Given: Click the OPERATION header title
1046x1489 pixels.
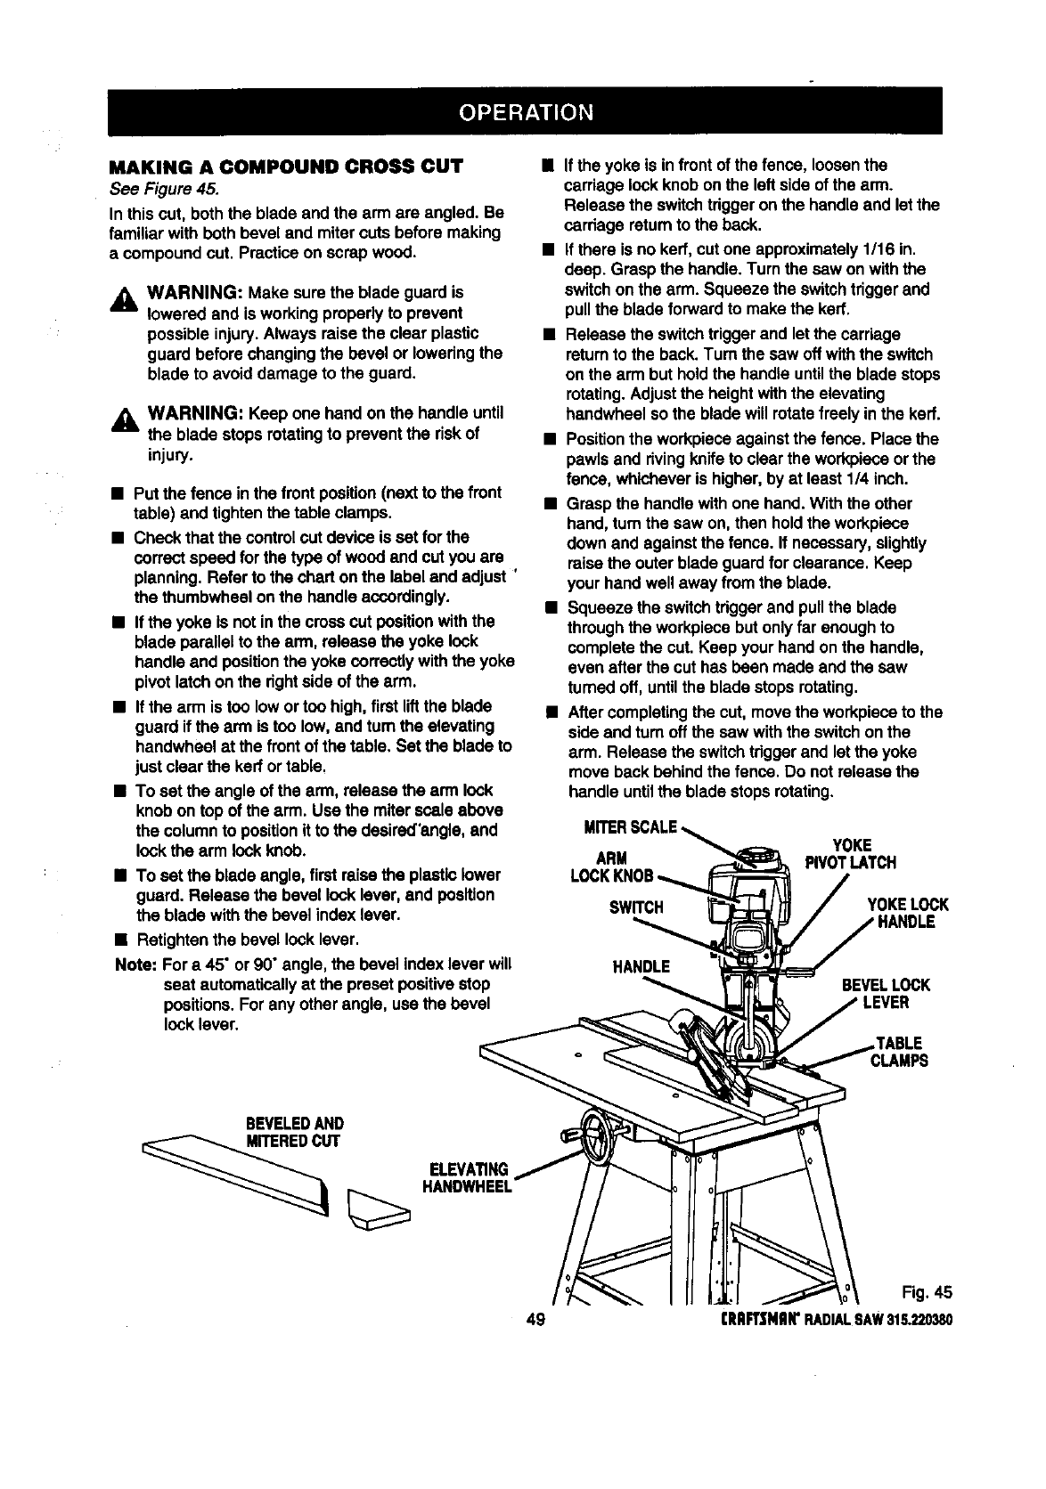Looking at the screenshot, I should tap(525, 112).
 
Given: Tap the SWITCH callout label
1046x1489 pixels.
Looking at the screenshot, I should tap(636, 907).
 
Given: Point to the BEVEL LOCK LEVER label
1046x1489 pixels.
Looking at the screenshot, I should tap(886, 994).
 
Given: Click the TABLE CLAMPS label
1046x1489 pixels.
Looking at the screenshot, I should tap(899, 1052).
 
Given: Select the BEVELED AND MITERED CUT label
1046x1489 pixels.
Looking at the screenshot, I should tap(294, 1132).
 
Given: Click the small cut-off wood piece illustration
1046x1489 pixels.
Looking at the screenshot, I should tap(379, 1209).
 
